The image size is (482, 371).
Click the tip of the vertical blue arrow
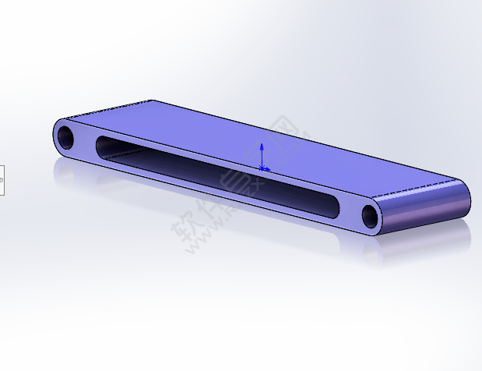pyautogui.click(x=262, y=145)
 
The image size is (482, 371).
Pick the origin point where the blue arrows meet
pyautogui.click(x=262, y=168)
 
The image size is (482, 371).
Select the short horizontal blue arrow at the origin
pyautogui.click(x=266, y=168)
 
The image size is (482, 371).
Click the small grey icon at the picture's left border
pyautogui.click(x=2, y=180)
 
